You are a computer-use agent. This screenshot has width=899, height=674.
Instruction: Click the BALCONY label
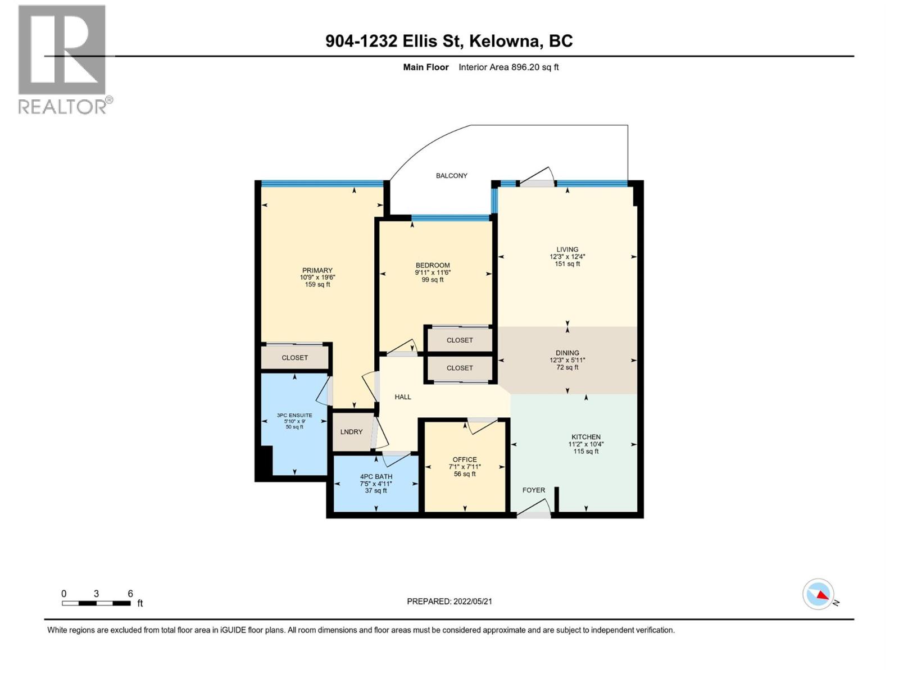point(451,176)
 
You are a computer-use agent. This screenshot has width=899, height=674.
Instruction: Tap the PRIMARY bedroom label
point(317,270)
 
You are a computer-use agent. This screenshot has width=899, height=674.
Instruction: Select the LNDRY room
point(352,432)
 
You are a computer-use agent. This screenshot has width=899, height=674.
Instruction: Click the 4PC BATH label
point(376,477)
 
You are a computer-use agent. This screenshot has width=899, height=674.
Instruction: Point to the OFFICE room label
point(465,459)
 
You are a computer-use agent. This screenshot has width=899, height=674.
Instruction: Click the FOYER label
point(533,490)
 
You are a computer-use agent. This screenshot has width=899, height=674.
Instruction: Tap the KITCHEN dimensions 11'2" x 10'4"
point(586,444)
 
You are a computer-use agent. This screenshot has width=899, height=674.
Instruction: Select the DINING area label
point(567,353)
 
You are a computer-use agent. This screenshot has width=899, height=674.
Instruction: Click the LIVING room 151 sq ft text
point(567,264)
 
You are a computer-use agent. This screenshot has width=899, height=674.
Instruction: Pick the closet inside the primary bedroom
point(295,358)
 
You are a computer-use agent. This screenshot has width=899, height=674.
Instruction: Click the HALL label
point(402,397)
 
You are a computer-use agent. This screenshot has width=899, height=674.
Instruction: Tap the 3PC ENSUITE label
point(294,416)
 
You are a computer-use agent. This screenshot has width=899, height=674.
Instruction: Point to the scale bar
point(97,603)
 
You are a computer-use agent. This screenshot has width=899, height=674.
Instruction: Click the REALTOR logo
point(62,59)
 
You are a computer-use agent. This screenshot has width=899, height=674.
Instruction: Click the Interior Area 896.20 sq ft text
point(508,67)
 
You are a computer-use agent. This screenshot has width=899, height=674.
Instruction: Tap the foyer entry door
point(534,512)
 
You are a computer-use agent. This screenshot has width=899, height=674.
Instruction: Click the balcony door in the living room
point(537,179)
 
